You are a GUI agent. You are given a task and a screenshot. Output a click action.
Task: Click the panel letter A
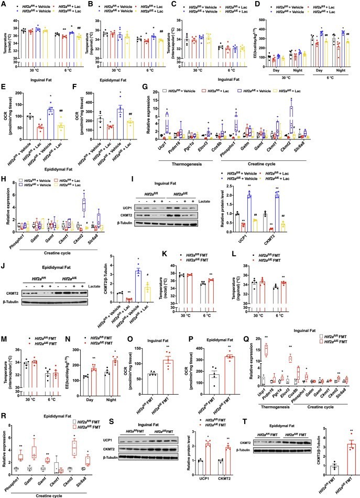[4, 4]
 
